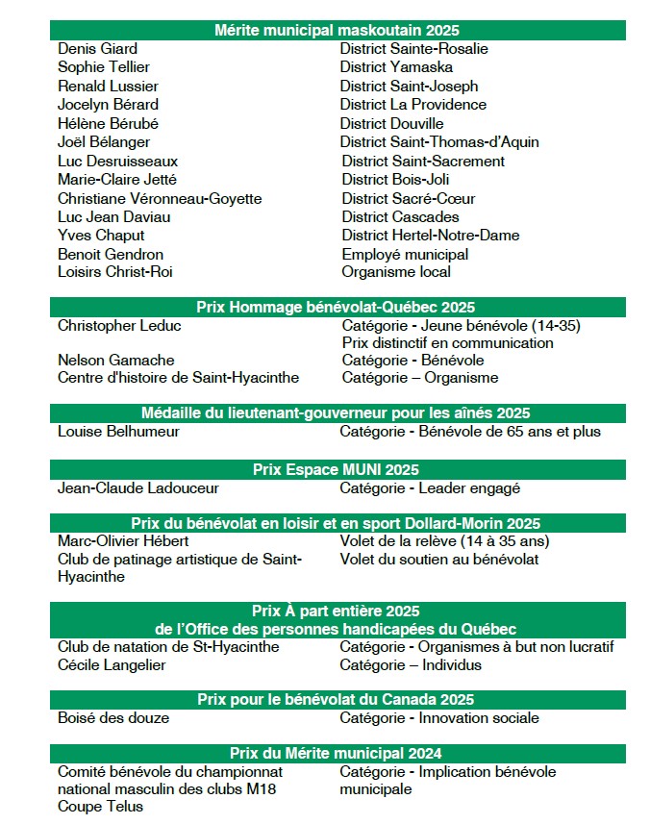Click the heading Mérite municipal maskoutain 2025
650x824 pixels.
(x=337, y=30)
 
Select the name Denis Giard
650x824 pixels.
(x=97, y=48)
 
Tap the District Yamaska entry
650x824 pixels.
(x=396, y=67)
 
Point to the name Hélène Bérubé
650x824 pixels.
(x=108, y=123)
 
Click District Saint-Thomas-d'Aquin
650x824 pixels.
(x=439, y=142)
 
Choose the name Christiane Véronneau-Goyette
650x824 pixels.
(x=160, y=198)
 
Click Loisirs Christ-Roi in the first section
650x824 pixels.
(x=114, y=272)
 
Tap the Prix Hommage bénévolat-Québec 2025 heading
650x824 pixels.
(x=337, y=308)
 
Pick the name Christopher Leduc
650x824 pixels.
(x=119, y=326)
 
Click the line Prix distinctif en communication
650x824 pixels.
(x=447, y=343)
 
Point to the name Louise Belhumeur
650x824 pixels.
(x=118, y=432)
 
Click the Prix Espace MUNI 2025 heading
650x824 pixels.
(x=337, y=470)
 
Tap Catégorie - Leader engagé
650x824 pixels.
(x=430, y=488)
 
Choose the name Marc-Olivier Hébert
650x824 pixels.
(x=123, y=541)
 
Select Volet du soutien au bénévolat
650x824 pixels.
(x=438, y=560)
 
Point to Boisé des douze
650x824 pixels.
(x=113, y=718)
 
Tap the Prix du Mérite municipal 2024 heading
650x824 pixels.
(x=337, y=754)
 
